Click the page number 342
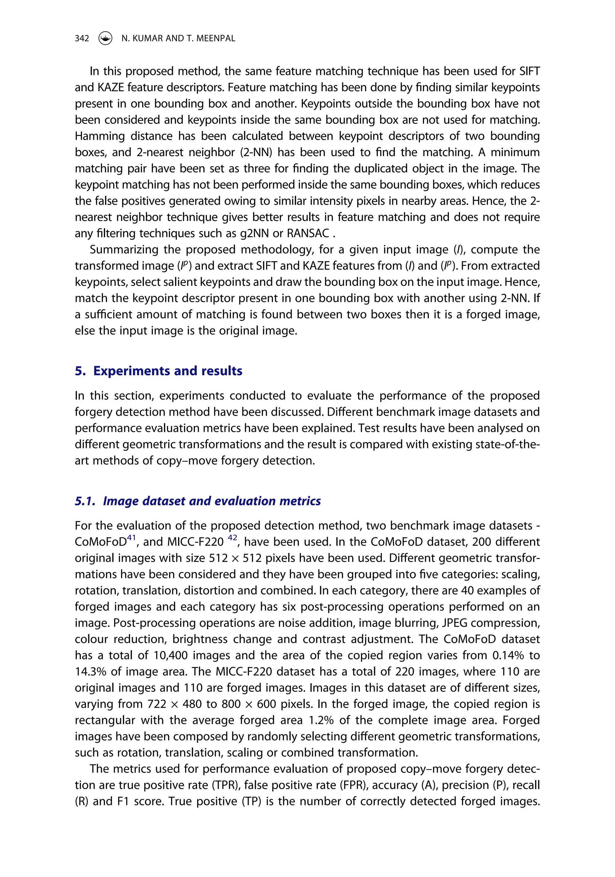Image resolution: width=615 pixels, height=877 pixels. pos(82,38)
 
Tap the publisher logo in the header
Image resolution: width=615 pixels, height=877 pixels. pos(105,38)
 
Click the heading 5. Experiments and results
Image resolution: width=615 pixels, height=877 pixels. pos(159,371)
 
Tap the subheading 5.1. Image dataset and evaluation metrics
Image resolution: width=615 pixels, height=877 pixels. pos(198,501)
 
